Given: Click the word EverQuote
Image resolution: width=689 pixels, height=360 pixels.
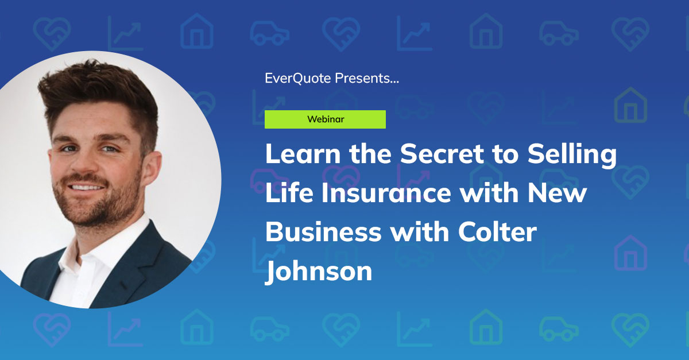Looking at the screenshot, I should pos(298,78).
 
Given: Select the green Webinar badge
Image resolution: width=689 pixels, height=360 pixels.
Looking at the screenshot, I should pos(325,119).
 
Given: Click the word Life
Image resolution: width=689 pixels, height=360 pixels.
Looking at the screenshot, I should pos(287,193).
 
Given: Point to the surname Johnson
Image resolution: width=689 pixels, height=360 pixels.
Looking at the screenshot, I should pos(319,270).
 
